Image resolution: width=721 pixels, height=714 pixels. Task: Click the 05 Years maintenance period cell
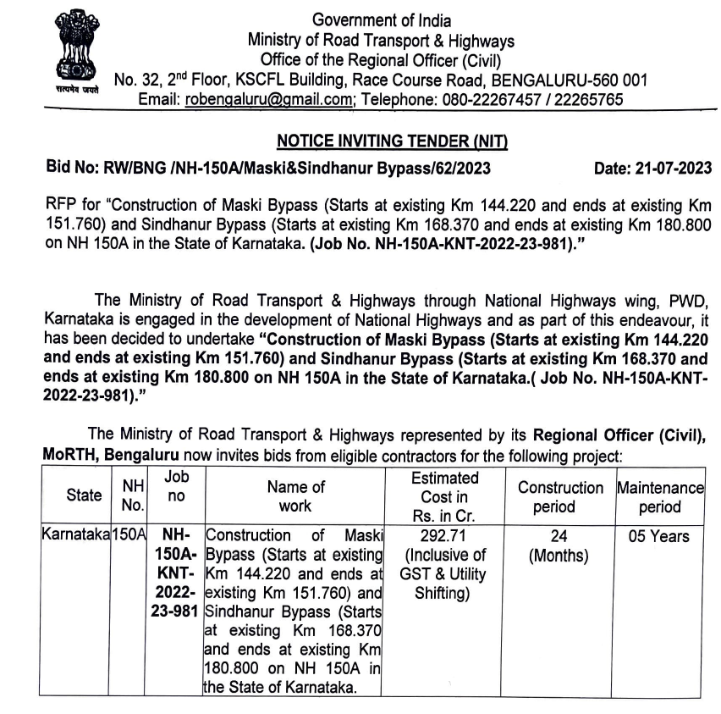click(x=660, y=536)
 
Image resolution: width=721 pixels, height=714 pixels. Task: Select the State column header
click(x=84, y=495)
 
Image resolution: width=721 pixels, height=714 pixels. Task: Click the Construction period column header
click(x=560, y=497)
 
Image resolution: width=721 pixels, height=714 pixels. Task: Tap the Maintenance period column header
click(x=660, y=497)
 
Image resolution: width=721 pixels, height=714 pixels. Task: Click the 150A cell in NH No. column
click(x=131, y=536)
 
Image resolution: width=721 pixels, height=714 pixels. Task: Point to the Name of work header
click(x=295, y=496)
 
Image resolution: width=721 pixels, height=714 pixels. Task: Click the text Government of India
click(x=382, y=20)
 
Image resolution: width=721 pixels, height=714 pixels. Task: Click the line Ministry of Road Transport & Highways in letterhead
click(x=381, y=41)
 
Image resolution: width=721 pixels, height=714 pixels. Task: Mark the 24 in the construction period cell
click(x=559, y=536)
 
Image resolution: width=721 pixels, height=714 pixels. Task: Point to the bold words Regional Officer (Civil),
click(x=617, y=436)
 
